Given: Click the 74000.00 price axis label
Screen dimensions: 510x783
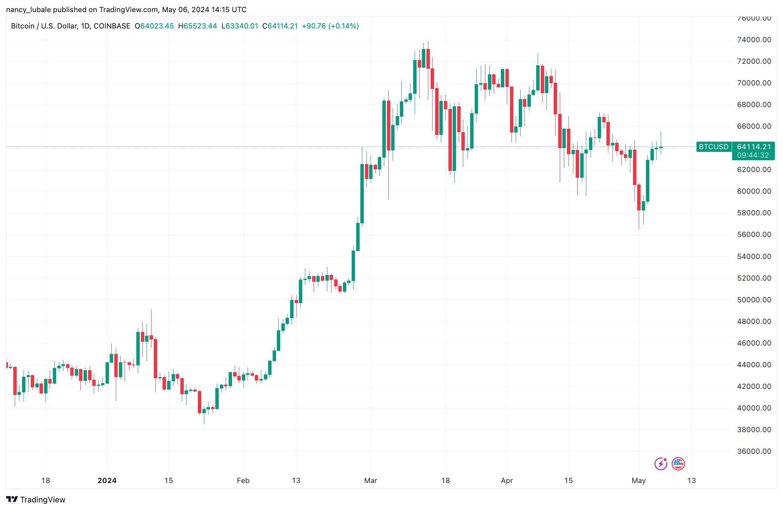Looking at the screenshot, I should pos(754,40).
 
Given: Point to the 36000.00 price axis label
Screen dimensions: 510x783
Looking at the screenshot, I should pos(754,452).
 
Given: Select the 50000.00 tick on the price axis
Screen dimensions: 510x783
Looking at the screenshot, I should pos(754,300).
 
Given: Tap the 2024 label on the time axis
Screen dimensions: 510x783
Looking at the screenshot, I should pos(107,481).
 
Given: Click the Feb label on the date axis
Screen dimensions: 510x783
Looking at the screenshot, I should pos(243,481).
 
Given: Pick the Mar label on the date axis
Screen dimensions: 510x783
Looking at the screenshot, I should pos(371,481).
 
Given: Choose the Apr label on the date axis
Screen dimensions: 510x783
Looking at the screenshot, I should pos(507,481).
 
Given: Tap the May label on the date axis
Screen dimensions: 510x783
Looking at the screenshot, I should pos(639,481).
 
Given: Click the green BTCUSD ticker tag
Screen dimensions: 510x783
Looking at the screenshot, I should pos(714,147).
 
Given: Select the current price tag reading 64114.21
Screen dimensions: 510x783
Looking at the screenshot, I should pos(754,147).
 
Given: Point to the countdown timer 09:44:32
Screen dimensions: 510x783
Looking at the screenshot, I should pos(753,155).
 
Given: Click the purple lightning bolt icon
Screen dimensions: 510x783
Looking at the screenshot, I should pos(661,464).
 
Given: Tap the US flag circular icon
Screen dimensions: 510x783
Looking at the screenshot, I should pos(678,464).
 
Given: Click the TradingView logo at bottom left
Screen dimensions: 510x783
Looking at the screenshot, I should pos(36,500).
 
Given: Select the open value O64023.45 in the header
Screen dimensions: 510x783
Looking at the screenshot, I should pos(155,26).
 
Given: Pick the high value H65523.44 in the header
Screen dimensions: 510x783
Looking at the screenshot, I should pos(197,26).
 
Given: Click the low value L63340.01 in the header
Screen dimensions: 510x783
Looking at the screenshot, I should pos(240,26).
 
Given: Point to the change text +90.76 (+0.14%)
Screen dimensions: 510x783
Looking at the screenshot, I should pos(330,26).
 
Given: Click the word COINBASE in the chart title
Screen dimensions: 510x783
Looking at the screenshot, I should pos(112,26).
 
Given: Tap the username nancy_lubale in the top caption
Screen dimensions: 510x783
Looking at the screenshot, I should pos(28,10).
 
